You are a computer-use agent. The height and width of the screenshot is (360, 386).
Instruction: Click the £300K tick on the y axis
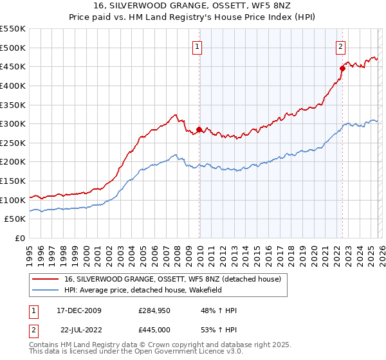13,123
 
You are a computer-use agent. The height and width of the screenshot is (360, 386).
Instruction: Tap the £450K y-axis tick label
13,66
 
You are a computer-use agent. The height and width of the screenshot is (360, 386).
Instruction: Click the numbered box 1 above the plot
197,46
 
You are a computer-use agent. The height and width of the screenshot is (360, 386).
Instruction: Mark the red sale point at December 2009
199,129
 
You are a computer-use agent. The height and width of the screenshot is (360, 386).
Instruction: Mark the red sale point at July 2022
342,68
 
